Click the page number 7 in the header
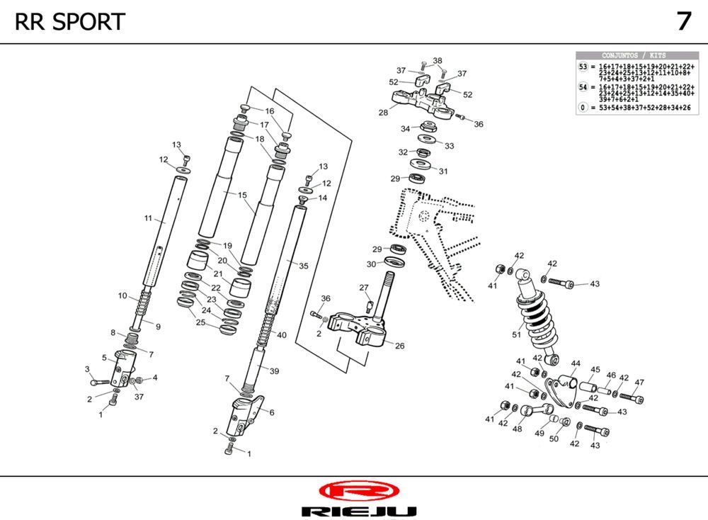coord(683,21)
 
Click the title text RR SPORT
coord(69,22)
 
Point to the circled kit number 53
coord(583,67)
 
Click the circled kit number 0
coord(583,108)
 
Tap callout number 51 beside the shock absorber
coord(516,335)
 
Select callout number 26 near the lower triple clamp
coord(400,346)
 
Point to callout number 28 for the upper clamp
coord(383,112)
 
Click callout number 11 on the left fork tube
coord(149,219)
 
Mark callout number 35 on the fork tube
coord(304,266)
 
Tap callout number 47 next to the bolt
coord(639,383)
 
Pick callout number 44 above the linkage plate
coord(576,364)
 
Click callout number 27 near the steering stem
coord(364,288)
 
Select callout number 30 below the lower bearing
coord(371,264)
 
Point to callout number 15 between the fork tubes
coord(242,195)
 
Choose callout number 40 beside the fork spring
coord(282,335)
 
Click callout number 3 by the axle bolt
coord(87,369)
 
